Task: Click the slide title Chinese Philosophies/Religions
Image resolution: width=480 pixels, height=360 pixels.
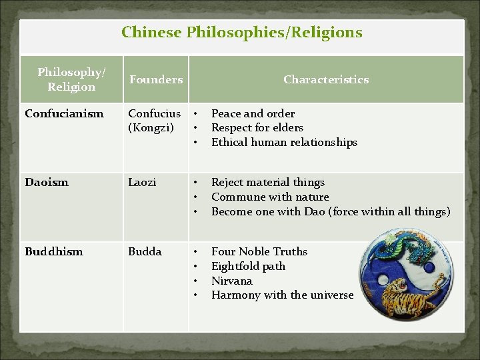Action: (x=241, y=32)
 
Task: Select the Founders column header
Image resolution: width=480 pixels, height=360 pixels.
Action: (x=155, y=79)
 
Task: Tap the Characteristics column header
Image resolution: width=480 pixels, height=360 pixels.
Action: (x=325, y=79)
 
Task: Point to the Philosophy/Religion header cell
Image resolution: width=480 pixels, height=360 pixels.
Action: (x=71, y=79)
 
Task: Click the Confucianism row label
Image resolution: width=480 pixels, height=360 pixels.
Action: (x=64, y=113)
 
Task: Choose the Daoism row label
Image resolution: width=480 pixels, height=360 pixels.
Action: (x=47, y=182)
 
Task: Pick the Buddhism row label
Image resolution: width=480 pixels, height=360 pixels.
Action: (x=54, y=251)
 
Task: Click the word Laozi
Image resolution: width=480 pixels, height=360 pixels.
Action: (x=142, y=182)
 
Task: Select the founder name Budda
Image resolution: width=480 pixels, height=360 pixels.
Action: (x=145, y=251)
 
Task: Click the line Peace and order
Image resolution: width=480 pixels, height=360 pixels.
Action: (x=253, y=113)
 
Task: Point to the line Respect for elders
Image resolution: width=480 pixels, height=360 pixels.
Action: (x=257, y=127)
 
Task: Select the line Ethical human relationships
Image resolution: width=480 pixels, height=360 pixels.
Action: (x=284, y=142)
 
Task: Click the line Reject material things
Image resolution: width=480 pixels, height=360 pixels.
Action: (x=268, y=182)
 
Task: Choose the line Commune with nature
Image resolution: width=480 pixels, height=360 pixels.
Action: (x=270, y=197)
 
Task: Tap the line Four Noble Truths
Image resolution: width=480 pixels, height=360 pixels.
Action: (x=259, y=251)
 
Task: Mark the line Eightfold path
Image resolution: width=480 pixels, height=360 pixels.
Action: (x=248, y=266)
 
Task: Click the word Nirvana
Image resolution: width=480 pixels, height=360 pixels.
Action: (x=231, y=281)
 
